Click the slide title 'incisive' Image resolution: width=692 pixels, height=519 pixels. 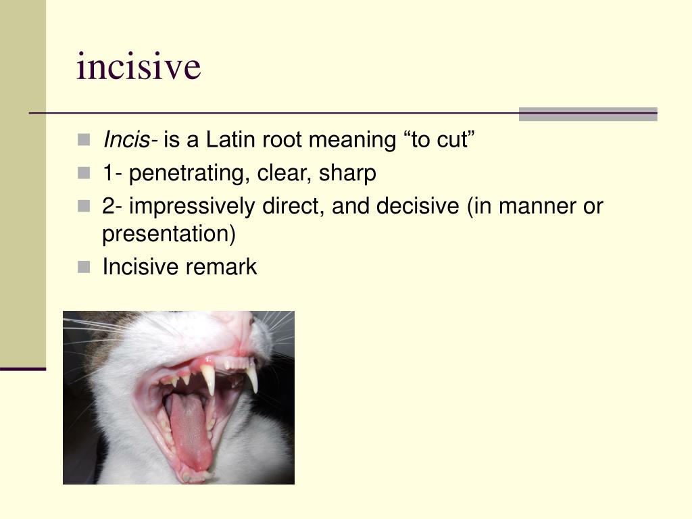pyautogui.click(x=139, y=67)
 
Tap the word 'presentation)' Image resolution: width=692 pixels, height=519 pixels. pyautogui.click(x=168, y=234)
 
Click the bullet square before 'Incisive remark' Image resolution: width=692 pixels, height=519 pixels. pyautogui.click(x=83, y=267)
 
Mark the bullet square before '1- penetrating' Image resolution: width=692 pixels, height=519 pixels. pyautogui.click(x=83, y=174)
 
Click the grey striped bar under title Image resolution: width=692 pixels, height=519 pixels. pyautogui.click(x=587, y=114)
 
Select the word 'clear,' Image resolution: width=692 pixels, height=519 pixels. pyautogui.click(x=287, y=174)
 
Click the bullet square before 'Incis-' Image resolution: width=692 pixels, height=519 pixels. pyautogui.click(x=83, y=141)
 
